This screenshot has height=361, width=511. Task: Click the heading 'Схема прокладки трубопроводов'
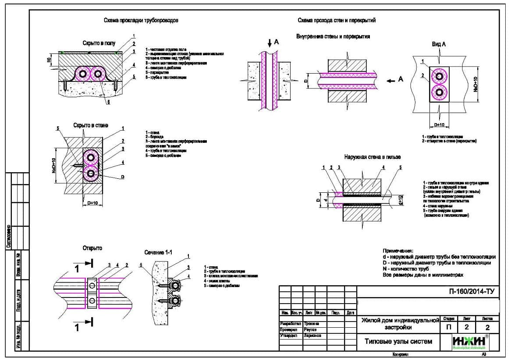click(141, 21)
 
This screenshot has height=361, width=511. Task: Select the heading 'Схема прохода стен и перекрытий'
click(336, 20)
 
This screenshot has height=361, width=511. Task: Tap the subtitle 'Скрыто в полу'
click(99, 43)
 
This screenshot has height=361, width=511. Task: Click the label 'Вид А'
click(438, 44)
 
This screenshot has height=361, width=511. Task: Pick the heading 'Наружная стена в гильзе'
click(373, 157)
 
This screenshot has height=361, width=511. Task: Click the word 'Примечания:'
click(398, 250)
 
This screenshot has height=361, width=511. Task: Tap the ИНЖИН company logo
click(472, 342)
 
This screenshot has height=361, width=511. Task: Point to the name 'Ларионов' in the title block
click(312, 336)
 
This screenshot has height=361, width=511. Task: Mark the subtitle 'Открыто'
click(92, 248)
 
